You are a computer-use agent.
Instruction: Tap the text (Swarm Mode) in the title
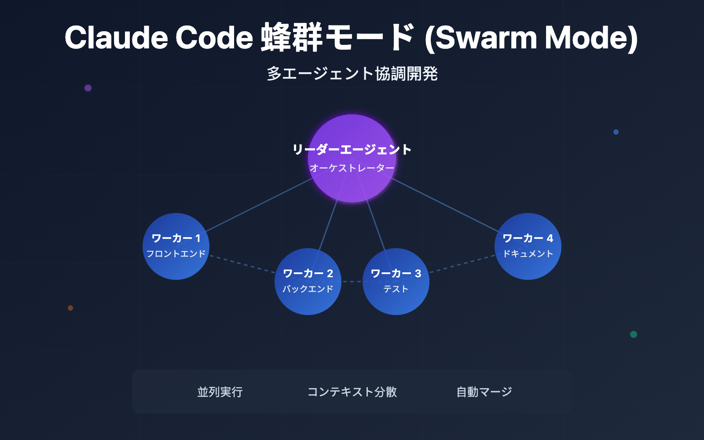pyautogui.click(x=531, y=38)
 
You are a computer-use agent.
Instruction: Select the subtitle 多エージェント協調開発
pyautogui.click(x=352, y=73)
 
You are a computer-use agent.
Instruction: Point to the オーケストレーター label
pyautogui.click(x=352, y=168)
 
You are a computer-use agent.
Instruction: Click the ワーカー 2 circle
pyautogui.click(x=308, y=304)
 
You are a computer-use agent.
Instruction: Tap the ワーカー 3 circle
pyautogui.click(x=396, y=304)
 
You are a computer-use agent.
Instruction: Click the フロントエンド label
pyautogui.click(x=176, y=254)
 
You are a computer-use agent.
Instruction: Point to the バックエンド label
pyautogui.click(x=308, y=289)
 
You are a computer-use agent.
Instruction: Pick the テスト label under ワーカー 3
pyautogui.click(x=396, y=289)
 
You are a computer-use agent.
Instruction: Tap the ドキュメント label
pyautogui.click(x=528, y=254)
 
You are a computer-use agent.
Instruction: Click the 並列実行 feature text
pyautogui.click(x=220, y=392)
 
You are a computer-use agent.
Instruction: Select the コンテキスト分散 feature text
pyautogui.click(x=352, y=392)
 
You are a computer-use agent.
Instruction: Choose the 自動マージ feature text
pyautogui.click(x=484, y=392)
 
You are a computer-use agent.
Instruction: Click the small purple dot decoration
pyautogui.click(x=88, y=88)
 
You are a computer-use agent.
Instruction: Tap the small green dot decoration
pyautogui.click(x=634, y=334)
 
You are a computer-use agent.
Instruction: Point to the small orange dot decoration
pyautogui.click(x=70, y=308)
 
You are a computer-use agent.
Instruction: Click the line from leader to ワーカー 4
pyautogui.click(x=444, y=205)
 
